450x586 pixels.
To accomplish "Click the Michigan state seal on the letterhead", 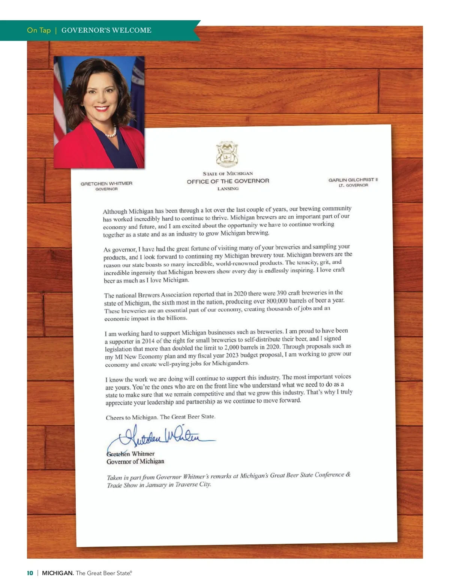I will (227, 154).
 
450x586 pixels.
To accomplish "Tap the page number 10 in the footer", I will (30, 573).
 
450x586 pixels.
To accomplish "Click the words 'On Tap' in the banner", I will (39, 30).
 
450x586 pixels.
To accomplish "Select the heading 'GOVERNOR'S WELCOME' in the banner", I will (106, 30).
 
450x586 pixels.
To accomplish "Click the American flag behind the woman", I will (59, 105).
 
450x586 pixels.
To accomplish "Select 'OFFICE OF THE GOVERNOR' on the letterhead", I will (228, 181).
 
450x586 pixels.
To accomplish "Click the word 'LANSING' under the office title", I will (228, 189).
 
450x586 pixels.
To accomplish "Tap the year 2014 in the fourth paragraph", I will (148, 341).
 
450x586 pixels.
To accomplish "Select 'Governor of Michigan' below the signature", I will (135, 462).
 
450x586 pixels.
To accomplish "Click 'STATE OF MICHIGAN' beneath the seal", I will (228, 173).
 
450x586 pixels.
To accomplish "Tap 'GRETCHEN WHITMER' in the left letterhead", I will (106, 184).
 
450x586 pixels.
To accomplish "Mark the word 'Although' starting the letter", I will (115, 211).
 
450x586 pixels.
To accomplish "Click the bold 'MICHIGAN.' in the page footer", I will (58, 573).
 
